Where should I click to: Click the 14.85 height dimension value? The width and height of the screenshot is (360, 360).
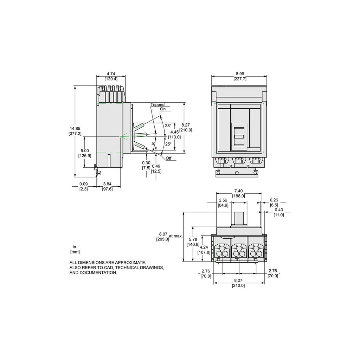(75, 129)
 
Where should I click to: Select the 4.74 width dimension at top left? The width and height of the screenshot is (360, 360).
(111, 74)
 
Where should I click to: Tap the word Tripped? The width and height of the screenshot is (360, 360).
(157, 105)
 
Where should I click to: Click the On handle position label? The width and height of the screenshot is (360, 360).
(163, 109)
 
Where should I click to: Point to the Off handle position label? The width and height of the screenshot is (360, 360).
(168, 158)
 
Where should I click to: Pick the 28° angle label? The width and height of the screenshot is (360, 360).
(168, 126)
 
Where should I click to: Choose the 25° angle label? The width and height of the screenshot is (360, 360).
(168, 144)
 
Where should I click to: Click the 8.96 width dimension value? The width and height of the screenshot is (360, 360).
(240, 74)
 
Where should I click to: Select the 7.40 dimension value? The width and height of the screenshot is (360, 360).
(239, 191)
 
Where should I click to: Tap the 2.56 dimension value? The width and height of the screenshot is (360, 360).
(223, 200)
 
